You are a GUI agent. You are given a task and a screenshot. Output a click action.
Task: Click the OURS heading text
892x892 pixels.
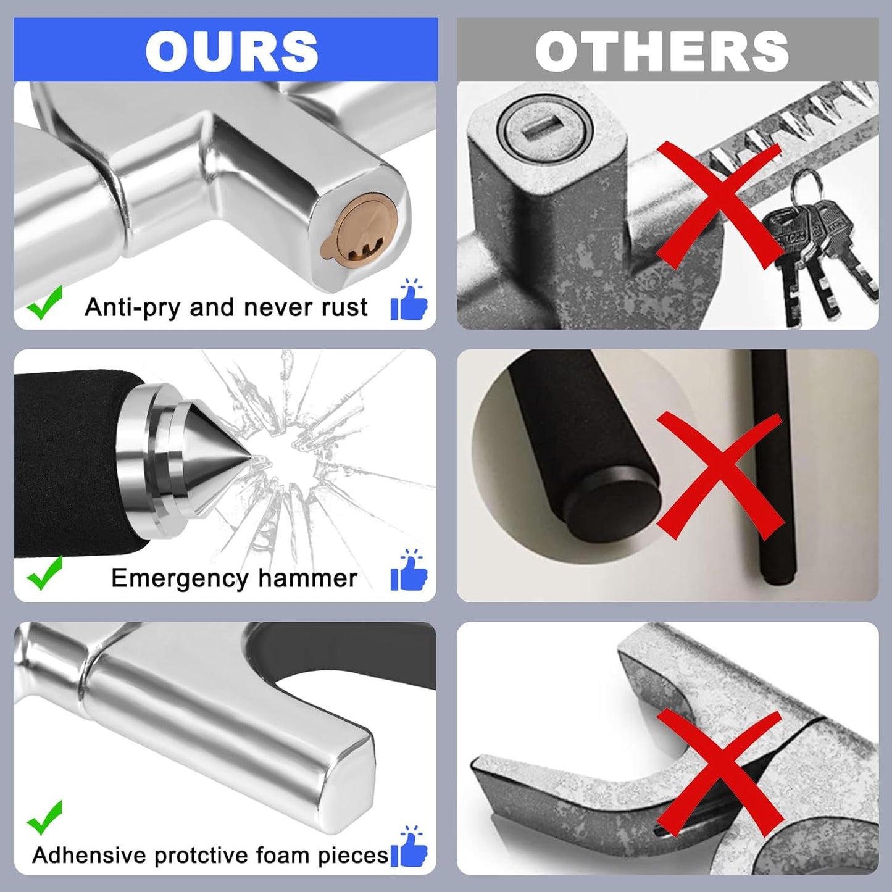(x=231, y=51)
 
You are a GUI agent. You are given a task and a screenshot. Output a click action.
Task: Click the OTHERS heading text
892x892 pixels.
(x=662, y=51)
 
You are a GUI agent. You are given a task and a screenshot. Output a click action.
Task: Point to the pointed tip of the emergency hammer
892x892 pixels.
(x=252, y=459)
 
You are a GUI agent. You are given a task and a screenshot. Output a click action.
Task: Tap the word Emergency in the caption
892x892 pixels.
(x=180, y=579)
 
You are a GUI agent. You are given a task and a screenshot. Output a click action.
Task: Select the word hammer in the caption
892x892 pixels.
(x=307, y=578)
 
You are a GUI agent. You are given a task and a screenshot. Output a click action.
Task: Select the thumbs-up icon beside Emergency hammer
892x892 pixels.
(x=409, y=570)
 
